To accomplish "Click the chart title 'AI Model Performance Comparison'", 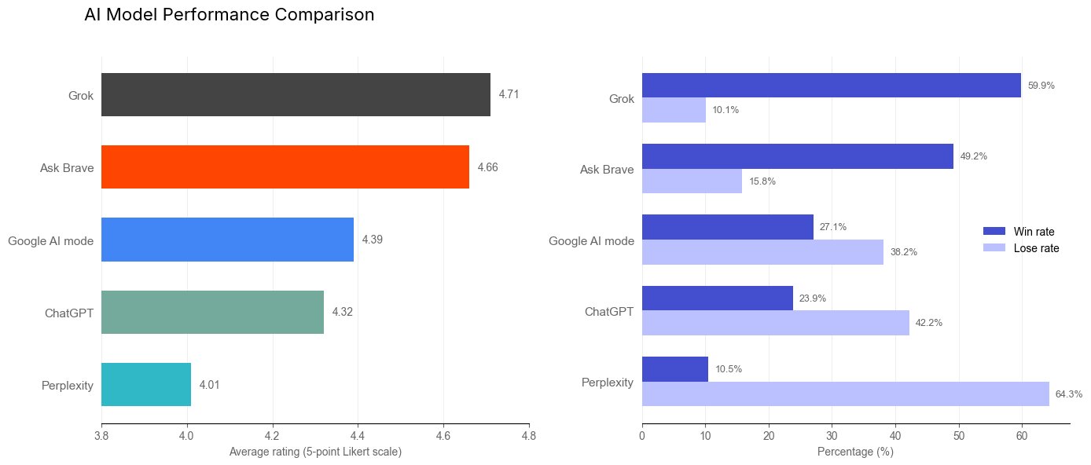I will [x=229, y=15].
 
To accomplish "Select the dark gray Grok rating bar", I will [x=296, y=95].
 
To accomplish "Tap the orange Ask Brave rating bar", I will [x=285, y=167].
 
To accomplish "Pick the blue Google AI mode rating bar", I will [x=227, y=240].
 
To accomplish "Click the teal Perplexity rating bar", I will [x=146, y=385].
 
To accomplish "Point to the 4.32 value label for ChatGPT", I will [x=342, y=312].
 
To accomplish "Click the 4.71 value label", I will [x=509, y=94].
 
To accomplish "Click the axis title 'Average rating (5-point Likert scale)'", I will [x=315, y=452].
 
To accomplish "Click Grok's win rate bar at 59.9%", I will [x=831, y=86].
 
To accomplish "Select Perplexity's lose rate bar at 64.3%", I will [x=845, y=394].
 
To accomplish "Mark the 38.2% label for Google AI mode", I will [x=903, y=252].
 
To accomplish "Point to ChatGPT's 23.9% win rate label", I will [x=812, y=298].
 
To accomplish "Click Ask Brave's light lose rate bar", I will [x=692, y=181].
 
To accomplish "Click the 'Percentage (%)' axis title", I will [x=855, y=452].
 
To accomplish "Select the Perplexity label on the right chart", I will [x=607, y=383].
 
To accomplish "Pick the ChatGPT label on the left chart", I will [x=69, y=313].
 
